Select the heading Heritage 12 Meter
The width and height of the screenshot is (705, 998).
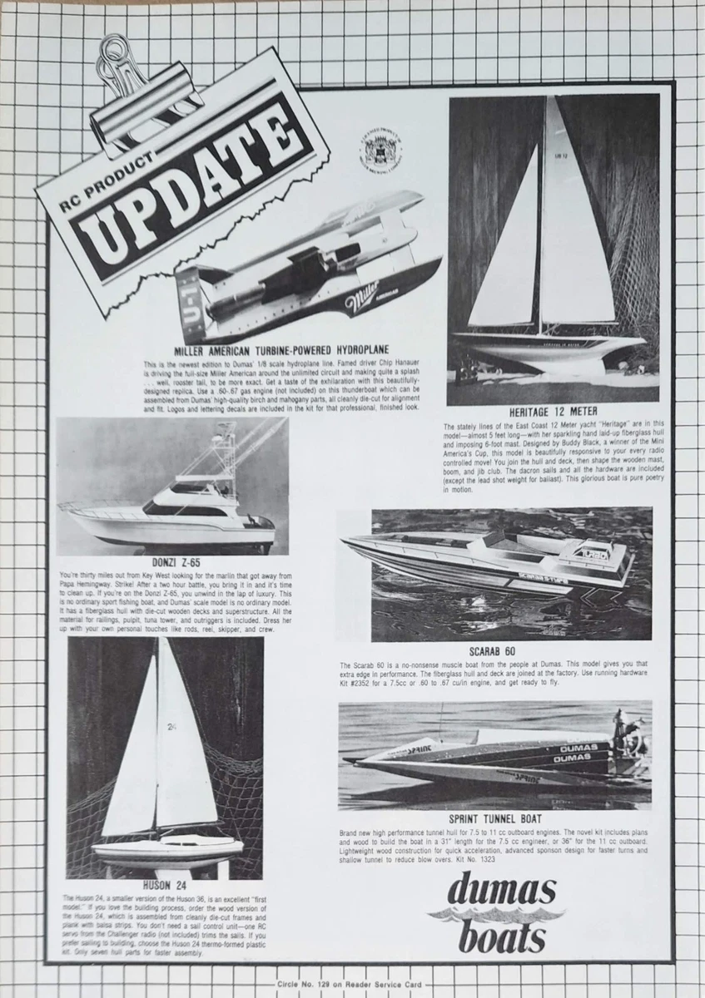click(x=553, y=412)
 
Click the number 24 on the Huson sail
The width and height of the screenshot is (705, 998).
click(x=171, y=726)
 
